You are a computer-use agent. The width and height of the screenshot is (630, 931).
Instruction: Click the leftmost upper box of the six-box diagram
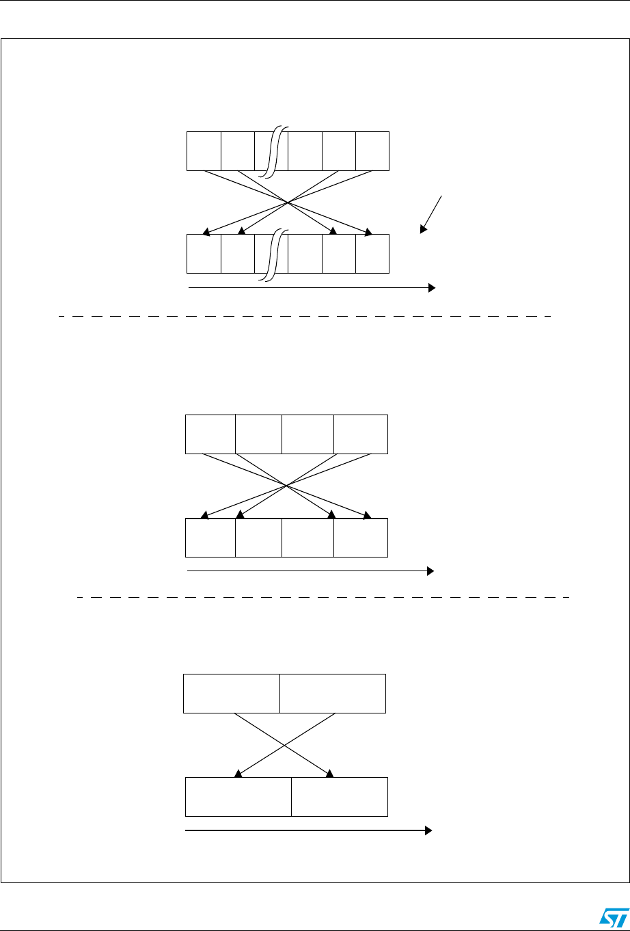point(204,150)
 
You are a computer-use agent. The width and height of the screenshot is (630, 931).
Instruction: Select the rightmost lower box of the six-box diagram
point(372,254)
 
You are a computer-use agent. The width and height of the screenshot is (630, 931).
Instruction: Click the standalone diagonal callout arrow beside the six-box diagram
point(432,214)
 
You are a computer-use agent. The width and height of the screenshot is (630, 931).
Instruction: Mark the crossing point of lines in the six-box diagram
point(288,202)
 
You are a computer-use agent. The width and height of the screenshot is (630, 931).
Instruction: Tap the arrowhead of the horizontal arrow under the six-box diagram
point(431,289)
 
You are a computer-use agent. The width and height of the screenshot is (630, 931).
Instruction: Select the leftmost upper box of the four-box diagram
point(210,434)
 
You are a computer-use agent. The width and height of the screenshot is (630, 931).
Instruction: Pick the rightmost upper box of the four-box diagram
point(360,434)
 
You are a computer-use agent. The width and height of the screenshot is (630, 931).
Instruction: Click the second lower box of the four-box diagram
point(258,538)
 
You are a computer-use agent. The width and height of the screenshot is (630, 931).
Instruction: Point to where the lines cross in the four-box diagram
point(286,486)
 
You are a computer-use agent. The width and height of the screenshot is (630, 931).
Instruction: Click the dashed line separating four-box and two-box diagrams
point(321,598)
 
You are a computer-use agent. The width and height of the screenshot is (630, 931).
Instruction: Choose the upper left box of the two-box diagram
point(232,693)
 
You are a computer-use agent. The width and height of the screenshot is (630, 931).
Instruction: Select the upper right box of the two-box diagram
point(333,693)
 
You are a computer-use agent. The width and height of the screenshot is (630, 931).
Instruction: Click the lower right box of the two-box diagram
point(339,797)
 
